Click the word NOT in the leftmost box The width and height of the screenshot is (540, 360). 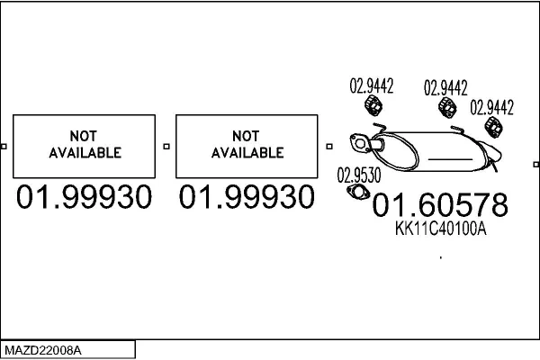coord(84,136)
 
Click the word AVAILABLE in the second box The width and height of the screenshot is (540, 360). coord(247,153)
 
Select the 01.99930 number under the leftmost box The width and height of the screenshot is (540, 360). coord(84,197)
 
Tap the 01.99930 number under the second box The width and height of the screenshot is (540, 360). coord(247,197)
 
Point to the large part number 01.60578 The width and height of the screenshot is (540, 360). coord(440,204)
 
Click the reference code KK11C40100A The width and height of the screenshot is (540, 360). coord(440,229)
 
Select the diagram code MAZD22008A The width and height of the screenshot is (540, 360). coord(43,351)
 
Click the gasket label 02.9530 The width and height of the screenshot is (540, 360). coord(359,175)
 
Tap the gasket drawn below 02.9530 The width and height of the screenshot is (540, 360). coord(358,193)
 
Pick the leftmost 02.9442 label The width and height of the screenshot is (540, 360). coord(372,85)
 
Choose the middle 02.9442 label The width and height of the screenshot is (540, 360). coord(445,87)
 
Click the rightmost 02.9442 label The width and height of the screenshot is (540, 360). coord(491,107)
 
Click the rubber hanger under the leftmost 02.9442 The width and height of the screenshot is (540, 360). coord(373,105)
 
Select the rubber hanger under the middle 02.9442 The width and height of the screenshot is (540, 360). coord(447,107)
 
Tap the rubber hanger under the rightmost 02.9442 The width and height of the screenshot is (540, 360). coord(493,127)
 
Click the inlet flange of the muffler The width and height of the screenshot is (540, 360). coord(359,142)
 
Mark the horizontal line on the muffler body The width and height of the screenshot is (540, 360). coord(450,159)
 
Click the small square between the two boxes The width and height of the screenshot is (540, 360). coord(166,147)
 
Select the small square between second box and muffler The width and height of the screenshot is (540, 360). coord(329,147)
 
